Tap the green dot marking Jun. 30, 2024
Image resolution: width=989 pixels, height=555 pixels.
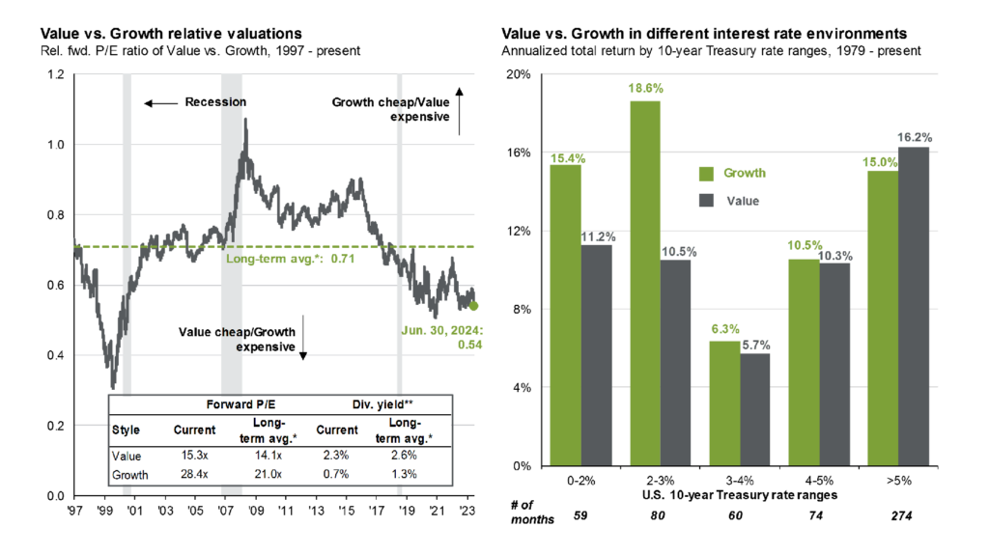(x=473, y=306)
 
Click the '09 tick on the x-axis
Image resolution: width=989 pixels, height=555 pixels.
(x=256, y=510)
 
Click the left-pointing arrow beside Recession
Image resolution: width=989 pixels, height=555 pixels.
(x=161, y=102)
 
